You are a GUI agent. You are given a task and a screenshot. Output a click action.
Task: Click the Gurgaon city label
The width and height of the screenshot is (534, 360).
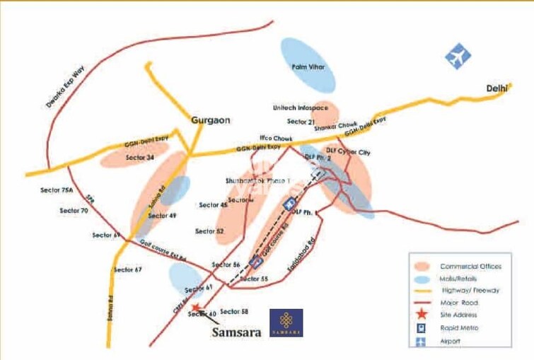(x=211, y=120)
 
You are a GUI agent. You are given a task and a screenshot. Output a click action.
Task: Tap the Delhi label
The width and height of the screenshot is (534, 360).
(x=497, y=88)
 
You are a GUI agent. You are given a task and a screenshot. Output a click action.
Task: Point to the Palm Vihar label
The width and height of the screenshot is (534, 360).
(x=308, y=66)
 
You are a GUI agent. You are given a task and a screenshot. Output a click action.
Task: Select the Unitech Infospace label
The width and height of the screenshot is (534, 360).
(x=300, y=108)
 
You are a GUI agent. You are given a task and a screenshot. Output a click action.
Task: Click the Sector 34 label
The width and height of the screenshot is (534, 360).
(x=139, y=157)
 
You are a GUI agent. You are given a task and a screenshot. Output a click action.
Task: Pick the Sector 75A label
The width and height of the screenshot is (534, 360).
(x=57, y=191)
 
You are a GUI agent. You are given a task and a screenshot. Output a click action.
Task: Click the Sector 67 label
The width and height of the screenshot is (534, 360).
(x=129, y=269)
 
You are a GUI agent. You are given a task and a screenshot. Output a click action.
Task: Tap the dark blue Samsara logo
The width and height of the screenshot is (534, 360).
(x=286, y=323)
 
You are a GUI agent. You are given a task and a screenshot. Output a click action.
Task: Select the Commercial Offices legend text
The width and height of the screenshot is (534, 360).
(x=470, y=266)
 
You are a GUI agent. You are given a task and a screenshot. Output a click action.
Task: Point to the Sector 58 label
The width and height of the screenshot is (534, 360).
(x=234, y=311)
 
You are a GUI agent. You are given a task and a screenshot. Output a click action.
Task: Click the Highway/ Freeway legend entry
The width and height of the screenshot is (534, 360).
(x=470, y=291)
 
